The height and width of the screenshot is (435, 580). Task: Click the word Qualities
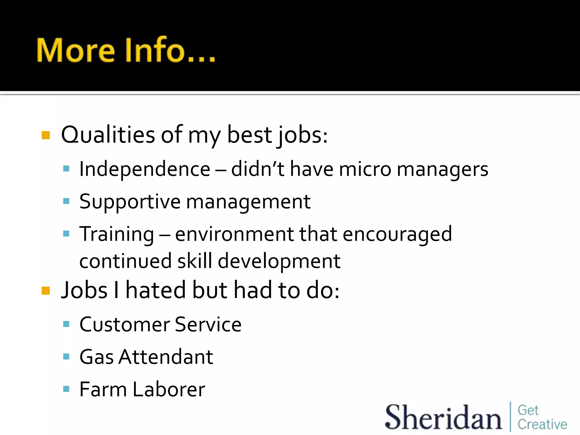point(108,135)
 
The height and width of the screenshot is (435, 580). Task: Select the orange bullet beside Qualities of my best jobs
point(46,135)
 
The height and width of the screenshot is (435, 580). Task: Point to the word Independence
point(145,169)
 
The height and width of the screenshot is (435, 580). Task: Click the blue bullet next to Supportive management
point(66,201)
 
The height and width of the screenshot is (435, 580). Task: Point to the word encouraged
point(397,234)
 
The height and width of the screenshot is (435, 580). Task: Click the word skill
point(195,261)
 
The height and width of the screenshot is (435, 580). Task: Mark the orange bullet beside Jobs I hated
point(46,291)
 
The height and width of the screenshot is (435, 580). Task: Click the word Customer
point(125,325)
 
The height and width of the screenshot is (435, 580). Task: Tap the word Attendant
point(166,357)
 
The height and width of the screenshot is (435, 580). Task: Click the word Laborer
point(169,389)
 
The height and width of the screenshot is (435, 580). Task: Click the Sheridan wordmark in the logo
point(443,417)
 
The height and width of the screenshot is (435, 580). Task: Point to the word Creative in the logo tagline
point(542,425)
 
